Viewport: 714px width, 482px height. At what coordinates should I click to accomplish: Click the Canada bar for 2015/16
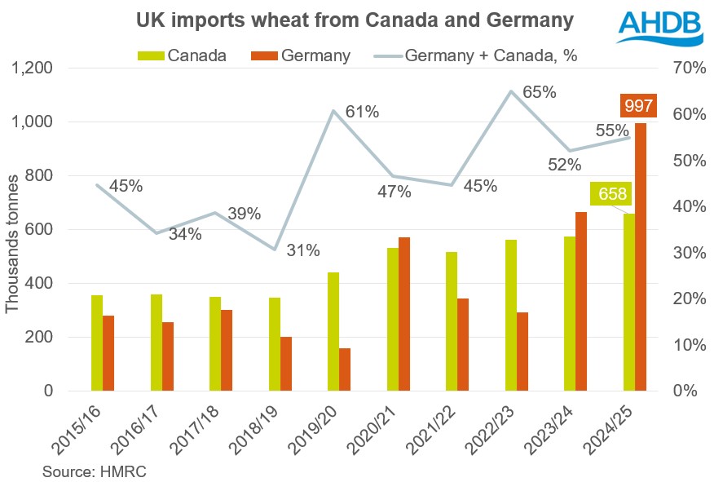97,343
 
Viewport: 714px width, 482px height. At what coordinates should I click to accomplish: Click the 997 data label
637,106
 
